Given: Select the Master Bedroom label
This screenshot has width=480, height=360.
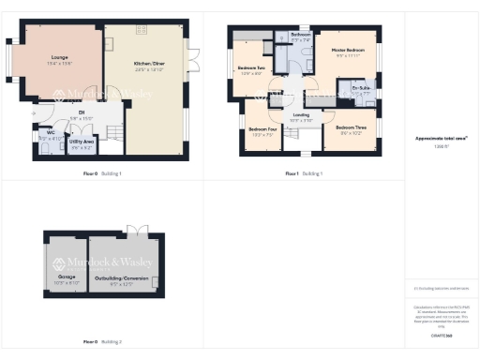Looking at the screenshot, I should click(x=348, y=49).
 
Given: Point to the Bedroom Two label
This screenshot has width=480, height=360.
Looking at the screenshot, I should click(x=250, y=68).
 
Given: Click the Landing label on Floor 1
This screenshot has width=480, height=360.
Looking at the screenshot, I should click(x=301, y=114).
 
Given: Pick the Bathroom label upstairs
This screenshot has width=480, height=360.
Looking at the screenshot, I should click(x=300, y=35).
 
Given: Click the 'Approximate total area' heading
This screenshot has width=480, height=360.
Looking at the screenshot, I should click(x=442, y=138).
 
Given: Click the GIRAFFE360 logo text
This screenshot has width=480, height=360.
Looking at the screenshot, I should click(x=442, y=335).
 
